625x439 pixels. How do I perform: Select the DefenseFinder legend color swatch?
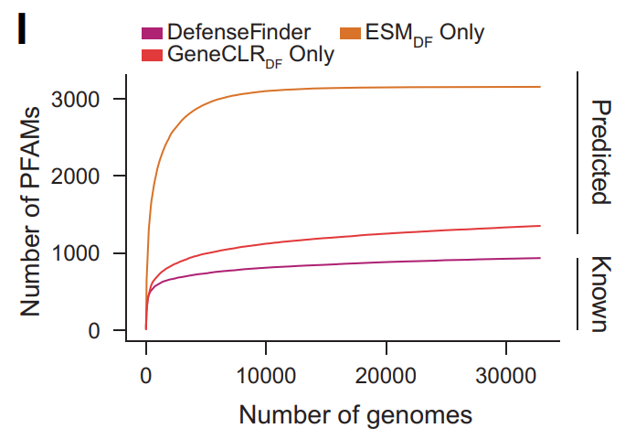(x=152, y=33)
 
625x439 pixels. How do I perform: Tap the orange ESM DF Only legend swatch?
(x=351, y=33)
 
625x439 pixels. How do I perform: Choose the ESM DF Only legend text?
(x=425, y=34)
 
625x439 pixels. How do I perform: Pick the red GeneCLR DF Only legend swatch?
(x=152, y=55)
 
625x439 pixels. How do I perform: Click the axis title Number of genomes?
(x=355, y=415)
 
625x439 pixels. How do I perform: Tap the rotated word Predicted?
(x=599, y=152)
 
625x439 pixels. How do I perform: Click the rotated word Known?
(x=599, y=293)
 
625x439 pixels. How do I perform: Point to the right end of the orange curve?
(x=541, y=87)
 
